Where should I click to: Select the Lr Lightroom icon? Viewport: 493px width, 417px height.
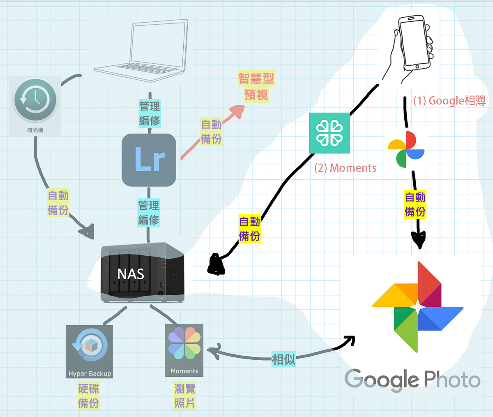pos(149,160)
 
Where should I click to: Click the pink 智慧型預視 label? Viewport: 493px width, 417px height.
pos(256,87)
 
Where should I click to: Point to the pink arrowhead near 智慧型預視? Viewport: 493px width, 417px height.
pos(237,111)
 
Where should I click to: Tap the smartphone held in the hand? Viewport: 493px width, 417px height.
pos(415,43)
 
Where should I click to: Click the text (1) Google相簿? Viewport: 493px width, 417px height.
pos(449,101)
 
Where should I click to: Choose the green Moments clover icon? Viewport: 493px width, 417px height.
pos(329,133)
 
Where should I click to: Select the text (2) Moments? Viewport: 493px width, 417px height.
pos(345,168)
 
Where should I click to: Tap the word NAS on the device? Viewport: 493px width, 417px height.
pos(131,274)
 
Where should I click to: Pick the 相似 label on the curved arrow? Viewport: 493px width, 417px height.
pos(283,359)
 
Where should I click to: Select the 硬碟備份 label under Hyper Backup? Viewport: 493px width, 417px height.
pos(89,396)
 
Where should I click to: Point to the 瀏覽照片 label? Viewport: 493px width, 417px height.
pos(184,396)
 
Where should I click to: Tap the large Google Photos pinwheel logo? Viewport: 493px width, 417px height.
pos(417,307)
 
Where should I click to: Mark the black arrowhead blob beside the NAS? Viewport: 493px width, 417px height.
pos(216,265)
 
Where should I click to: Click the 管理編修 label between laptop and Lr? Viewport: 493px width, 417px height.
pos(150,114)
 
